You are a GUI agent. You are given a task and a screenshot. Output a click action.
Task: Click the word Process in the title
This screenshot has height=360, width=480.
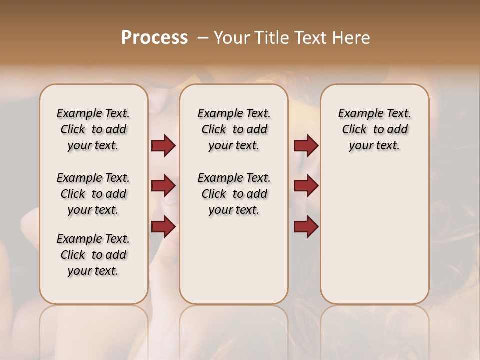(x=154, y=38)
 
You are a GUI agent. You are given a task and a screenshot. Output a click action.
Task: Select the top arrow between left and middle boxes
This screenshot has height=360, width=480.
(x=163, y=146)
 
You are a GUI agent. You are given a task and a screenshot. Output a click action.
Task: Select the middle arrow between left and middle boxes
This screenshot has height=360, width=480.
(x=163, y=186)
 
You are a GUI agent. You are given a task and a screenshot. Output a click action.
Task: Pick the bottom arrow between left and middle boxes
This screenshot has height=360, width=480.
(x=163, y=227)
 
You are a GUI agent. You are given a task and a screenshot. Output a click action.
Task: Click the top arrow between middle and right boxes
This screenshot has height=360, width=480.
(x=306, y=146)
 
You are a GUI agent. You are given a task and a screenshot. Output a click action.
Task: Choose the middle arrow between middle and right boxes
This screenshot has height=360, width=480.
(x=306, y=186)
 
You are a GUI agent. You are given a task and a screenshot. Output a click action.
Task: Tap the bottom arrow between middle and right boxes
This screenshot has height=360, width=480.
(x=306, y=227)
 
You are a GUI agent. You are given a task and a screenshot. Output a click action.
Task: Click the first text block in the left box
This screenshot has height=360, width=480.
(x=93, y=129)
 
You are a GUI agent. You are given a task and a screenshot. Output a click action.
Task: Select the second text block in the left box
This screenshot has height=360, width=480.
(x=93, y=194)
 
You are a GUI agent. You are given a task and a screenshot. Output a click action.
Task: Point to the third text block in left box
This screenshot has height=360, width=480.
(x=93, y=255)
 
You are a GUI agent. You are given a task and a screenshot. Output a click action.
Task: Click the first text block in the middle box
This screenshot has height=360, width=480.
(x=234, y=129)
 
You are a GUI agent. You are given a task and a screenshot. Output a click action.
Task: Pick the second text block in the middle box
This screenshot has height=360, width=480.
(x=234, y=194)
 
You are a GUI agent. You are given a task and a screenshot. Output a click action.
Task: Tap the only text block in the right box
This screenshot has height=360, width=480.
(x=374, y=129)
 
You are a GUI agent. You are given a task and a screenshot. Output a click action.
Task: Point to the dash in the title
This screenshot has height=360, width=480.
(x=202, y=38)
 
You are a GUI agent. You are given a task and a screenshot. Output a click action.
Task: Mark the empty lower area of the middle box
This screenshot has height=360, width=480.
(x=234, y=260)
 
